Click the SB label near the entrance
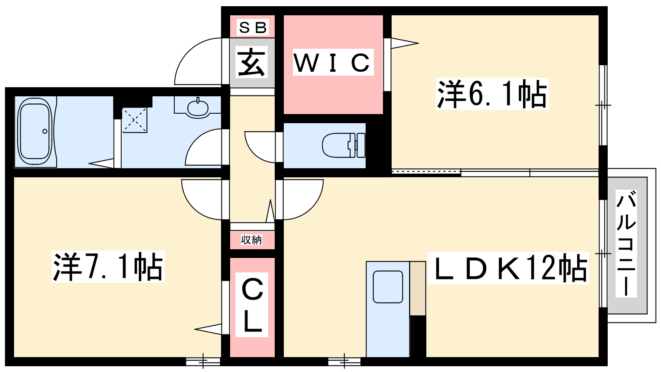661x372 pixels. point(253,28)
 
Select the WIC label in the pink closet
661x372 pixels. point(333,62)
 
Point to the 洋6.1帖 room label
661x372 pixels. point(492,94)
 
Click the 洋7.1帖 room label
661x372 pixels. point(108,267)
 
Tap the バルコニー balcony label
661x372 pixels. point(626,244)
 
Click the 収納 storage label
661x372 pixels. point(252,240)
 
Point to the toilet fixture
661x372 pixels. point(343,145)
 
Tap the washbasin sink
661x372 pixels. point(198,108)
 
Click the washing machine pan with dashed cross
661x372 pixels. point(134,120)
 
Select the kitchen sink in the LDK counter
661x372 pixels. point(388,287)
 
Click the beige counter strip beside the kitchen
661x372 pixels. point(418,288)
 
